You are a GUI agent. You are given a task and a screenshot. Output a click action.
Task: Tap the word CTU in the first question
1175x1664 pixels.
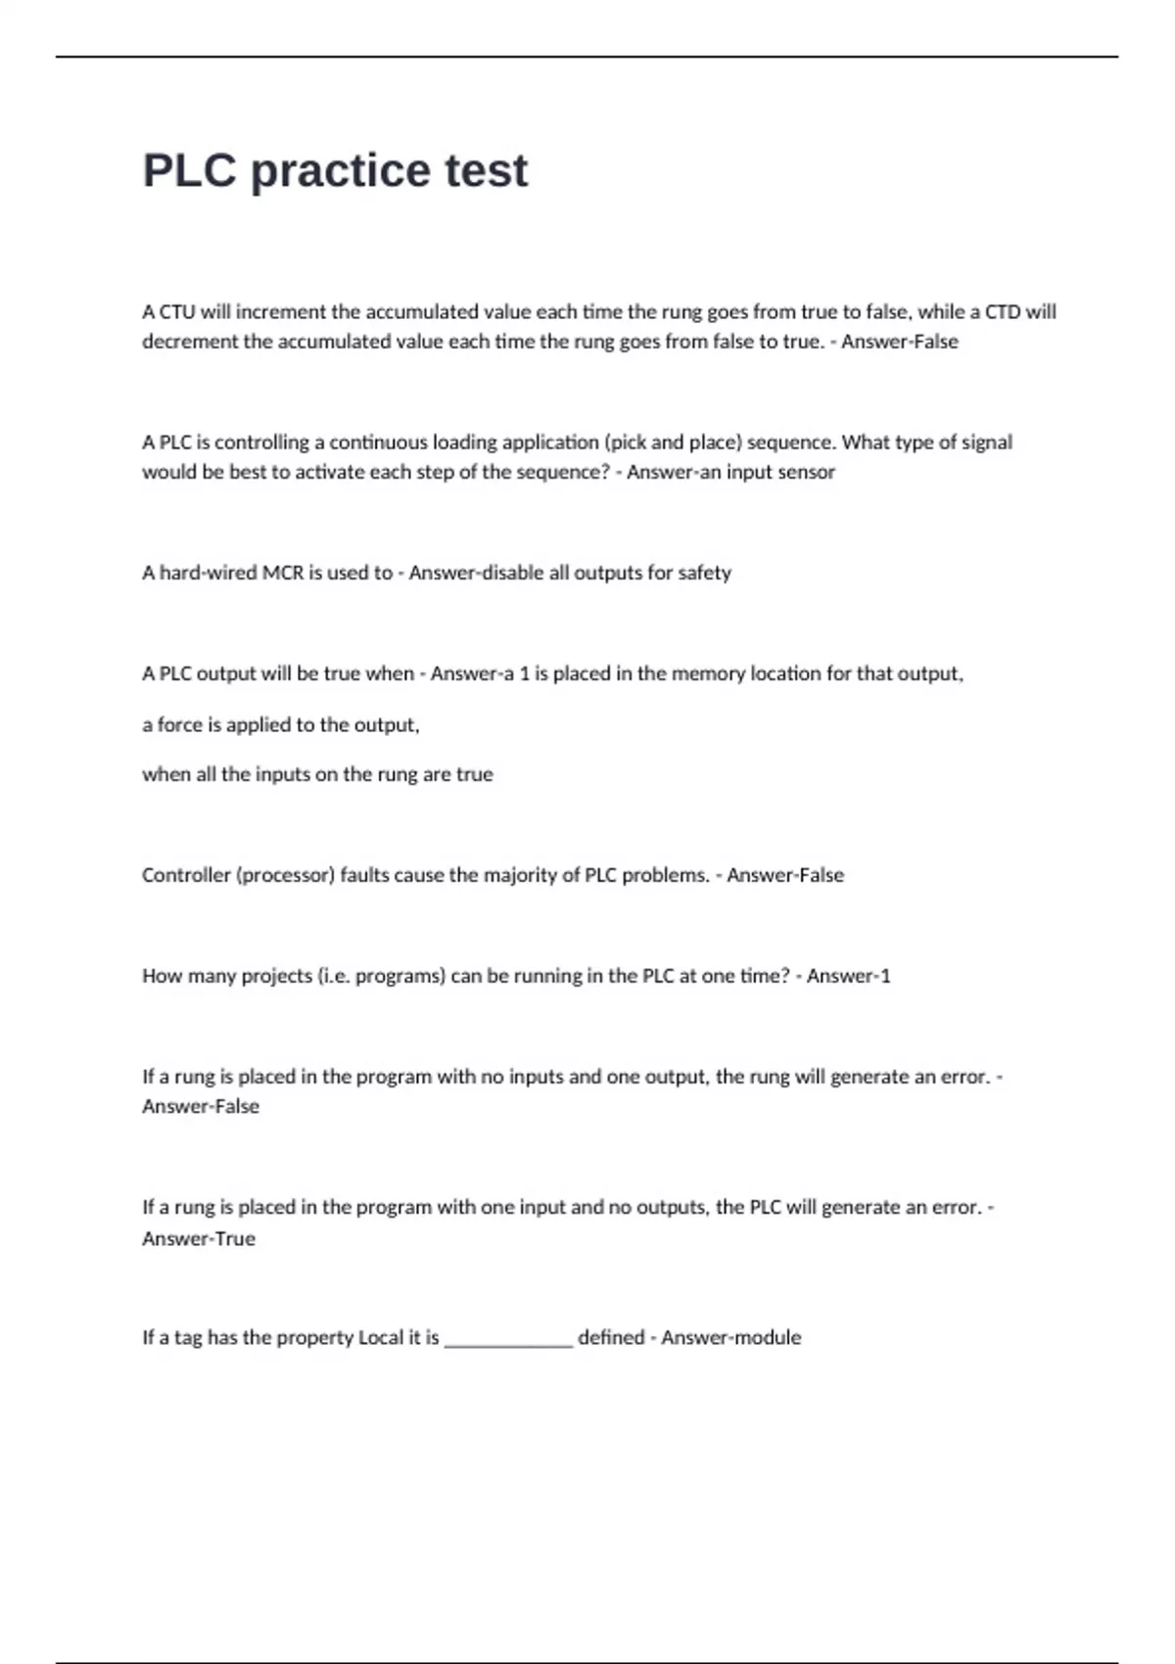177,312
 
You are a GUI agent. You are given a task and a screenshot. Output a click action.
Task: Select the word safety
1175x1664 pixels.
704,573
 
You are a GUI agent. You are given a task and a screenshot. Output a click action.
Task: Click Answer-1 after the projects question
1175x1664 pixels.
848,976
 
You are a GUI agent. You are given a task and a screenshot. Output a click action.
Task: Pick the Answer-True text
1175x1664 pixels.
199,1239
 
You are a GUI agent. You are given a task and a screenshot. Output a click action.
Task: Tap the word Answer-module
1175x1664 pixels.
730,1338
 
